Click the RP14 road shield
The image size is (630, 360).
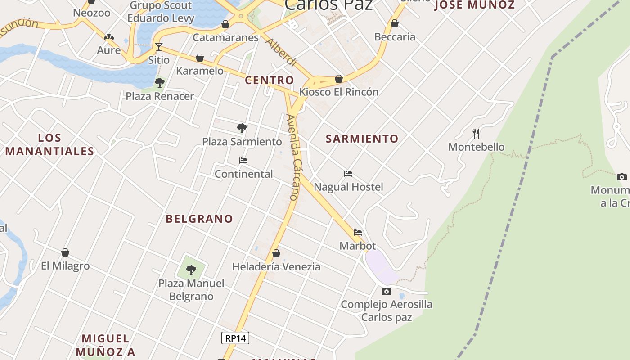tap(235, 338)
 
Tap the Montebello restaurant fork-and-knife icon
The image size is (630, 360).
tap(476, 133)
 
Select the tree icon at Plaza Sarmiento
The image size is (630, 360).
tap(242, 128)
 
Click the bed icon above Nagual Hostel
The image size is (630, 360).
tap(348, 174)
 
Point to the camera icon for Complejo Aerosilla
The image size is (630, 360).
tap(386, 291)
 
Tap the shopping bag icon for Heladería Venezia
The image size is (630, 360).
tap(276, 253)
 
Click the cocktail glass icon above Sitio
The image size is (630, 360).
tap(158, 46)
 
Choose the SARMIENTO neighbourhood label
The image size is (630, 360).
tap(362, 139)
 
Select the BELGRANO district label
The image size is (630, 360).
tap(199, 219)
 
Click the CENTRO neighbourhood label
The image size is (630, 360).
tap(270, 81)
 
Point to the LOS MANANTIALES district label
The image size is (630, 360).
tap(49, 144)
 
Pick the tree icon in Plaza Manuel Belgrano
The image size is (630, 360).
tap(191, 270)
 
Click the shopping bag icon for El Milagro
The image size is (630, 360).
tap(65, 252)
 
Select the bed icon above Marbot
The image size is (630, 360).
tap(358, 233)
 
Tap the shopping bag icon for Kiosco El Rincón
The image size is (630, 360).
tap(339, 79)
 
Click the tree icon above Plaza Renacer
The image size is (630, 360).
tap(159, 83)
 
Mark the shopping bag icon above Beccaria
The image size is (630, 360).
tap(395, 23)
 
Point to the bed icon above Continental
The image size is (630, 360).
tap(243, 161)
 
